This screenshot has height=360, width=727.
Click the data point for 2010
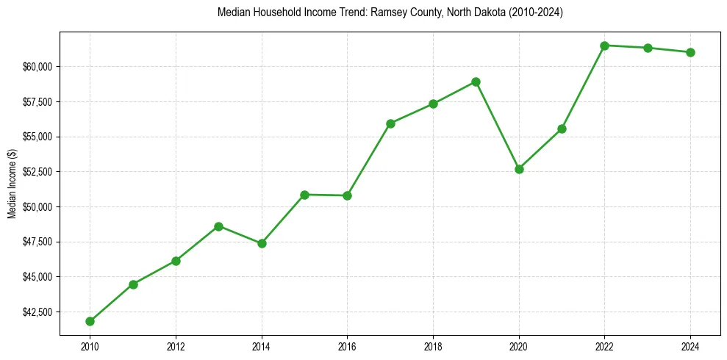[90, 321]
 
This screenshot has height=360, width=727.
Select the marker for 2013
[218, 226]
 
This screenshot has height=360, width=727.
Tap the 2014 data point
[262, 243]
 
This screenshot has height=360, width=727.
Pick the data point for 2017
[390, 123]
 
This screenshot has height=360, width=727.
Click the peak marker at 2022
[604, 46]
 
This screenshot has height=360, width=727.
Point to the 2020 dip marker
[519, 169]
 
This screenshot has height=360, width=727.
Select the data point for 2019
[476, 82]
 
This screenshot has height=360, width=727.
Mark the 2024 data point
[690, 52]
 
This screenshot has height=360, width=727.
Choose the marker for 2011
[133, 284]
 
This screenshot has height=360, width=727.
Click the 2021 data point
[562, 129]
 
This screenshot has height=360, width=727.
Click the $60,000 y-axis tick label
[39, 67]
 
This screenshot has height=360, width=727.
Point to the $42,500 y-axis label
[39, 312]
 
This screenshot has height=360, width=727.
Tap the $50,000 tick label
[39, 207]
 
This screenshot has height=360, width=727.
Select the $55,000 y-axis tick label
[39, 137]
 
